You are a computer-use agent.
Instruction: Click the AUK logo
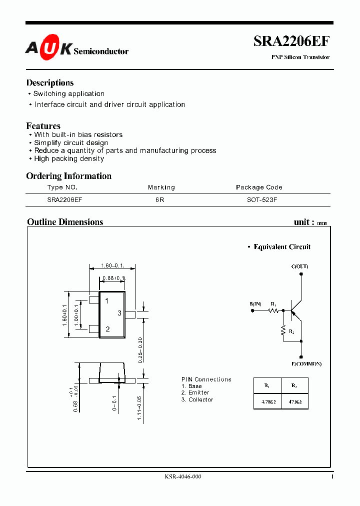point(48,47)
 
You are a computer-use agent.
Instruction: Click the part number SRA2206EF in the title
point(291,41)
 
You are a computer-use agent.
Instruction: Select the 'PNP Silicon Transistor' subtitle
point(300,57)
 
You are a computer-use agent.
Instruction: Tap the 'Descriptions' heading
point(50,83)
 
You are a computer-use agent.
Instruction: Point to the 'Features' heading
point(43,126)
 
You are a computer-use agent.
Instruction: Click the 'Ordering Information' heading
point(69,176)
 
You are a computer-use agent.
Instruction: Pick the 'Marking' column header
point(161,187)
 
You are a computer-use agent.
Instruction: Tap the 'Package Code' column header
point(259,187)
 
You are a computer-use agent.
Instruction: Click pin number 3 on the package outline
point(119,313)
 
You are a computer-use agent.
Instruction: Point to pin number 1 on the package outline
point(107,300)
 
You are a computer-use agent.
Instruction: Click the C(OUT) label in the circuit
point(299,266)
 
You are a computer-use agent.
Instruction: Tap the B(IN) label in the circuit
point(255,304)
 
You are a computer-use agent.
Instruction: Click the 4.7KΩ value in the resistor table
point(267,401)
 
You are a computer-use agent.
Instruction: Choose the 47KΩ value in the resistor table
point(294,401)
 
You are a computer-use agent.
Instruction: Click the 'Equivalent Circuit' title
point(282,247)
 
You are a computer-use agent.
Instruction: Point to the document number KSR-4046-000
point(183,477)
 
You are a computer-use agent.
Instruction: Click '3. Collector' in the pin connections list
point(197,399)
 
